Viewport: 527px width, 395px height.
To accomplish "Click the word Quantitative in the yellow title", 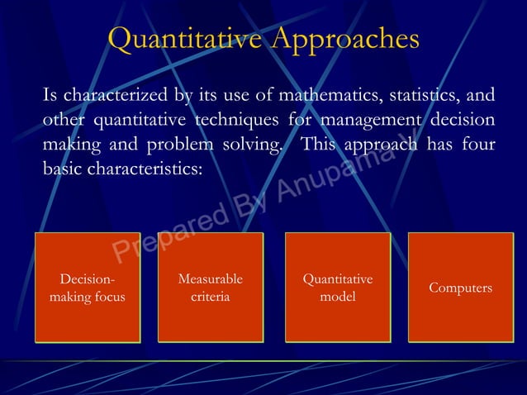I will [x=175, y=39].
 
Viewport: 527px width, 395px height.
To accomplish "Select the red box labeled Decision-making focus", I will [x=88, y=288].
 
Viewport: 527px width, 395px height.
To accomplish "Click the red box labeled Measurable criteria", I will [x=210, y=288].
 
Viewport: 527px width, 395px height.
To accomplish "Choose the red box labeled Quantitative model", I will [x=337, y=288].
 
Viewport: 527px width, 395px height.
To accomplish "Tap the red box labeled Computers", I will [x=460, y=288].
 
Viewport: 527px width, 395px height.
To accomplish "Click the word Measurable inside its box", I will [x=210, y=279].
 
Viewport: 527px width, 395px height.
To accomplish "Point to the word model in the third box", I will [x=337, y=296].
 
